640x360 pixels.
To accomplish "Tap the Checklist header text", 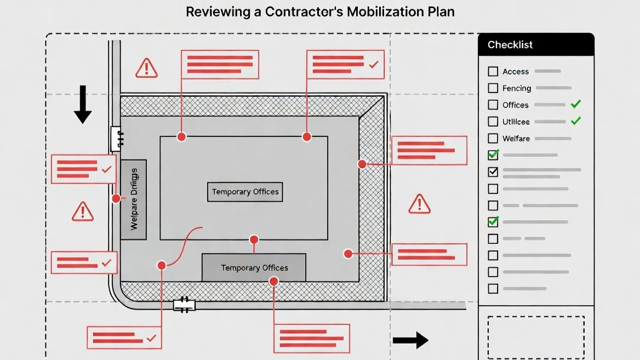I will pos(510,45).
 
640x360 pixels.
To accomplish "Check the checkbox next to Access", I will pos(493,71).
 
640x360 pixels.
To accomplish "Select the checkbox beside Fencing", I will pos(493,88).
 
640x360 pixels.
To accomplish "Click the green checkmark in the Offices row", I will pos(575,104).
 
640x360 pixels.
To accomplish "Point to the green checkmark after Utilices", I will pos(575,121).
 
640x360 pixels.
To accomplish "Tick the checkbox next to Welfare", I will pos(493,139).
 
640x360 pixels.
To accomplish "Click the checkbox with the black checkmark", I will pos(493,172).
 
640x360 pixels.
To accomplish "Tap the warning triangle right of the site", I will pos(419,204).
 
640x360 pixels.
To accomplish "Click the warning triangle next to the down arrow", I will pos(146,68).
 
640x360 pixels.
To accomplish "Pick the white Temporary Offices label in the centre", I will pos(245,192).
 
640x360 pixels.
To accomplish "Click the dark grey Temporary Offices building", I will pos(254,267).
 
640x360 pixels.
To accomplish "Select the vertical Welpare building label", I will pos(133,199).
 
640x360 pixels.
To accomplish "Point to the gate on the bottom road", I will pos(184,305).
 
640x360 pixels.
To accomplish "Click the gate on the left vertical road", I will pos(116,139).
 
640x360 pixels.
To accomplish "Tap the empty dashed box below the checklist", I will pos(536,336).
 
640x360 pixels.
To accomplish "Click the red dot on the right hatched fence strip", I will pos(362,164).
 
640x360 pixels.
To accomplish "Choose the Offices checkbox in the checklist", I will pos(493,105).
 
